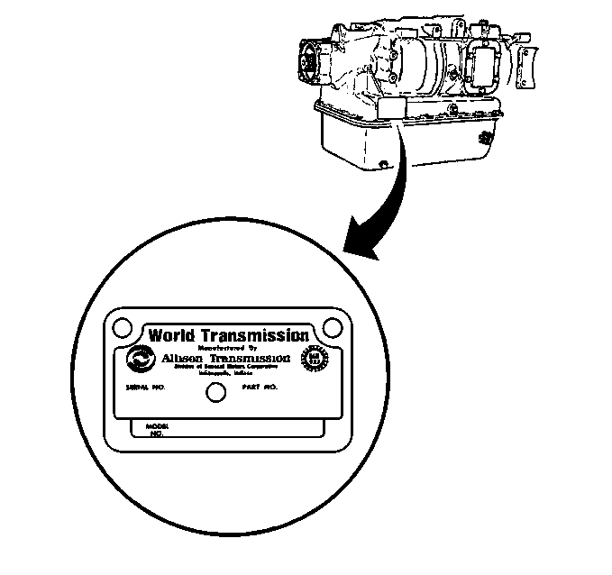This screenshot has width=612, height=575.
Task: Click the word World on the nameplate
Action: tap(171, 335)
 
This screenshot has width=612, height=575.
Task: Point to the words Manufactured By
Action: tap(226, 347)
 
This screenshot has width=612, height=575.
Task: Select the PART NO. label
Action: tap(260, 387)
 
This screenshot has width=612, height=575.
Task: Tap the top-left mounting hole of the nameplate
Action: tap(123, 325)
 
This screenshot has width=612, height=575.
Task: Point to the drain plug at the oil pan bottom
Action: tap(385, 163)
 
